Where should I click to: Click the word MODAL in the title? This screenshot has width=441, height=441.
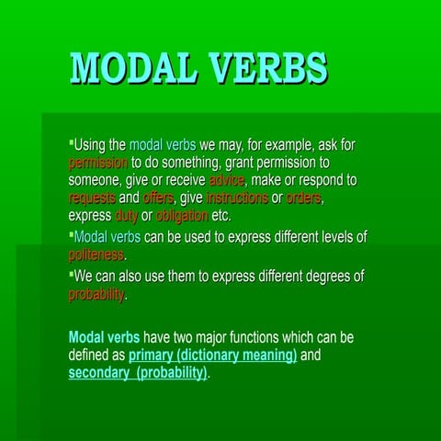click(x=134, y=68)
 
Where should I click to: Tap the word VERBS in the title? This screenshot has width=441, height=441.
click(x=268, y=68)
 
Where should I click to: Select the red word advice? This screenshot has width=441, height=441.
click(x=227, y=180)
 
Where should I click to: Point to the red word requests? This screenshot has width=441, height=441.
click(x=92, y=198)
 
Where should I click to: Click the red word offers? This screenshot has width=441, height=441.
click(x=158, y=198)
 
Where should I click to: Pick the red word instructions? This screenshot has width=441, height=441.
click(x=237, y=198)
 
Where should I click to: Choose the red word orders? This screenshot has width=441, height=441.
click(x=304, y=198)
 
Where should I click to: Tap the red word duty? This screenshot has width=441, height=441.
click(x=126, y=216)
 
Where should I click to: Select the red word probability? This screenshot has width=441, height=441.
click(x=96, y=295)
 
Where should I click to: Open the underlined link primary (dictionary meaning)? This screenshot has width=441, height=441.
click(x=212, y=355)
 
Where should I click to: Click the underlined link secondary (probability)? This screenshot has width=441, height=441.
click(x=139, y=373)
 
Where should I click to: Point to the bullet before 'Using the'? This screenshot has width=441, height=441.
click(x=71, y=143)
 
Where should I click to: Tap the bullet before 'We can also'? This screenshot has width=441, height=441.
click(x=71, y=275)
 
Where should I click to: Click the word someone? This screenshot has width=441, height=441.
click(x=99, y=180)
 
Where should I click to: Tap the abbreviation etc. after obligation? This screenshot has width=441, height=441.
click(x=221, y=216)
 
